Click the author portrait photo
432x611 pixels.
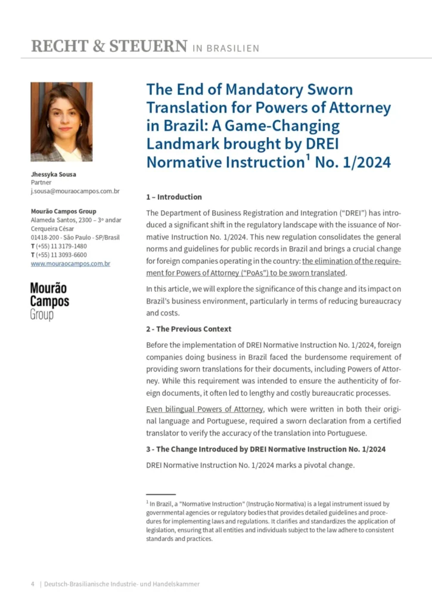coord(61,122)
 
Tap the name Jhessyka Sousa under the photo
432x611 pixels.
coord(54,174)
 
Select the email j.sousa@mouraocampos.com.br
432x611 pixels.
coord(75,192)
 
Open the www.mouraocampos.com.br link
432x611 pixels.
coord(70,263)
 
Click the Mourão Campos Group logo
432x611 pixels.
coord(49,301)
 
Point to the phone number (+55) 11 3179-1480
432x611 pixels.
coord(61,246)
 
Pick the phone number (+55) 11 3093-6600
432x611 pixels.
coord(61,255)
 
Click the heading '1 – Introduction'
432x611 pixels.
coord(174,197)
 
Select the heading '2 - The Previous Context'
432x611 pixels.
coord(189,329)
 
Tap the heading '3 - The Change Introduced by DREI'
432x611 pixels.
coord(266,449)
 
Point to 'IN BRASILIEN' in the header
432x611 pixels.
coord(226,48)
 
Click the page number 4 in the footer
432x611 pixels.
coord(33,584)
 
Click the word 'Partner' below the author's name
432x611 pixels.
coord(42,183)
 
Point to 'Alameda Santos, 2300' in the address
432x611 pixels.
coord(61,220)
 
